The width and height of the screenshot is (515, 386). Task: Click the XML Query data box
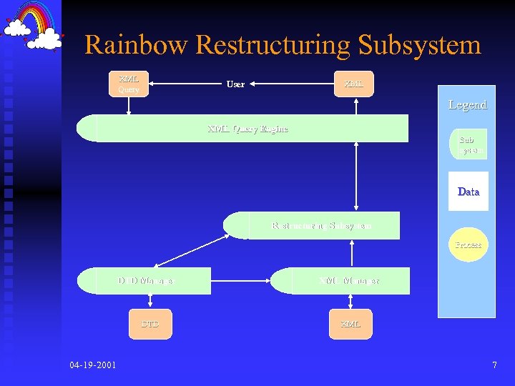click(x=129, y=84)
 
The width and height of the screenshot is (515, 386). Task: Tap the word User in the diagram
click(x=235, y=84)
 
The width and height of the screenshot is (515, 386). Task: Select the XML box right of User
click(x=353, y=84)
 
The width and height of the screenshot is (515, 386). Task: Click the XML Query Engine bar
click(x=247, y=129)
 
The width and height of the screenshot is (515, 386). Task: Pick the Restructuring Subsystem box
click(x=320, y=226)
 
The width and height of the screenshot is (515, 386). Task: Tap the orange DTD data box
click(x=150, y=324)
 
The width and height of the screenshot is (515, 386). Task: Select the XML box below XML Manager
click(x=350, y=324)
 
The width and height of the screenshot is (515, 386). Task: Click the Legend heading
click(x=467, y=105)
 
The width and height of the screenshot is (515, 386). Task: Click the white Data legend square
click(x=469, y=191)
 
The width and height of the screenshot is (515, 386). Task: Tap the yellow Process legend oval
click(x=469, y=244)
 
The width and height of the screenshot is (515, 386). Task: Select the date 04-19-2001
click(x=93, y=365)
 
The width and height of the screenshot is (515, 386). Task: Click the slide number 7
click(x=494, y=365)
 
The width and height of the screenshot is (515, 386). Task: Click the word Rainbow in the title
click(x=136, y=45)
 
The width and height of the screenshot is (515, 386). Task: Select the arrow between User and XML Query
click(x=185, y=84)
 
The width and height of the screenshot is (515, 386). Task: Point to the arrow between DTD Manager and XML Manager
click(x=242, y=281)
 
